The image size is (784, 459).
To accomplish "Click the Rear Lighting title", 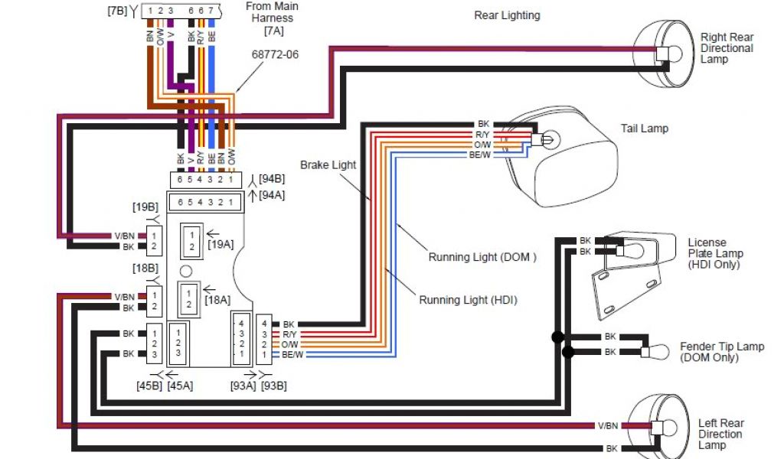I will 507,15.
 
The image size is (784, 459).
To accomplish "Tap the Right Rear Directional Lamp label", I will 726,47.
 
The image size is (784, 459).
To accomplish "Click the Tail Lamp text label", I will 644,129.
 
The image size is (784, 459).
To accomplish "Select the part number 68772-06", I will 273,55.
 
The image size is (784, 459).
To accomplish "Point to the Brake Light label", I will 328,164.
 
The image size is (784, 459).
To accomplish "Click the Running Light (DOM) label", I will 482,257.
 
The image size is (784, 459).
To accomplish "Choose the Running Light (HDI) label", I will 468,300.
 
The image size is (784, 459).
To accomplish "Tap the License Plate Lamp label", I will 714,253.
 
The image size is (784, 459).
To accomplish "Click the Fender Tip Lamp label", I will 721,352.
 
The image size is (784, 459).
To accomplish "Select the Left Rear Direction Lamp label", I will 720,434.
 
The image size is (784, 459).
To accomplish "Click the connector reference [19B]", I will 145,207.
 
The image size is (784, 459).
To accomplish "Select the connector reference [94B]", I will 271,178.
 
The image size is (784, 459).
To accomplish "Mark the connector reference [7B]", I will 119,11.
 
